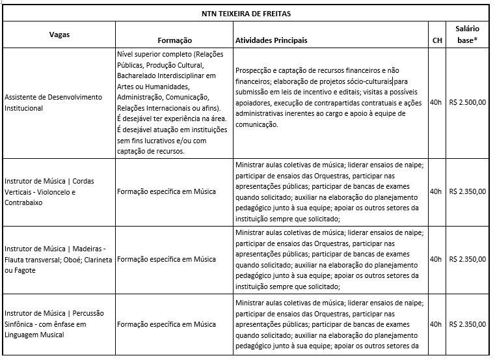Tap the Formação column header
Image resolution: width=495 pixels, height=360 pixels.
pos(174,40)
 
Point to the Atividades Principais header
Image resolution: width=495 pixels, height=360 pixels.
pos(271,40)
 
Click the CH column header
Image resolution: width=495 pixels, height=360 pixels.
pos(438,40)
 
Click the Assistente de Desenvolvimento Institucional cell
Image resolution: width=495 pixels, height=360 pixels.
pos(53,102)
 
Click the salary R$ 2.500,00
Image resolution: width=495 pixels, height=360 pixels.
pos(468,102)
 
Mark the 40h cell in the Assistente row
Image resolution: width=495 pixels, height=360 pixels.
pos(436,102)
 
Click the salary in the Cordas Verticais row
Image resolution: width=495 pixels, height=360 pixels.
pos(468,191)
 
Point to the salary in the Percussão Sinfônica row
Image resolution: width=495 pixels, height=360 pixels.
pos(468,324)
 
